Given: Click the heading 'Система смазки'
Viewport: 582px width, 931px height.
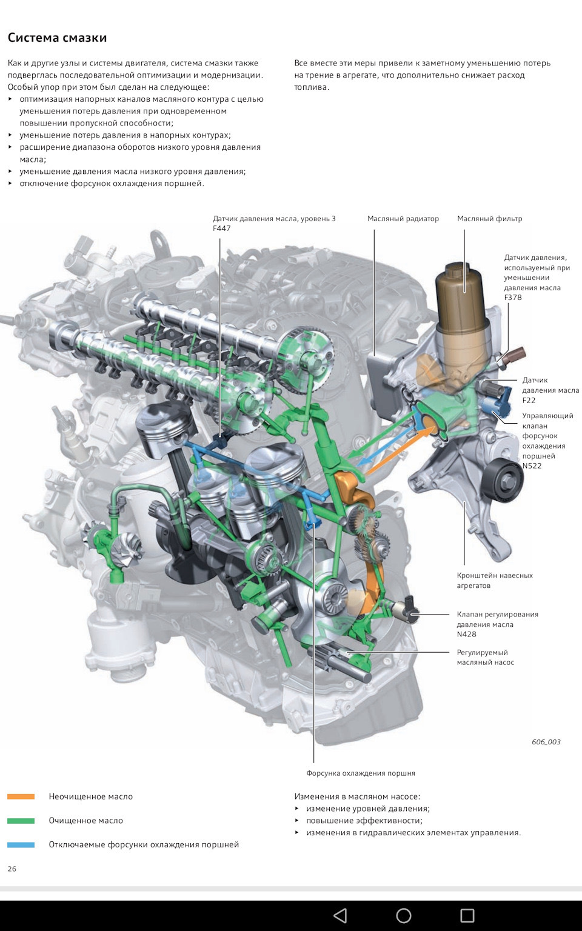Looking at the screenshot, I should (57, 38).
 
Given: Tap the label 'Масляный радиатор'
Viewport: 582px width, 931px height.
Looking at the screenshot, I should (403, 219).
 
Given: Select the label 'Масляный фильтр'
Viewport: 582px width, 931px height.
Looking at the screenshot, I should (489, 219).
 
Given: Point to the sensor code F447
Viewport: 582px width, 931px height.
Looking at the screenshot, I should (222, 229).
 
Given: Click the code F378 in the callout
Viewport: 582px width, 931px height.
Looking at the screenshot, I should (513, 298).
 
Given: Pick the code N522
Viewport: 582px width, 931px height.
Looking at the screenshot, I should (532, 466).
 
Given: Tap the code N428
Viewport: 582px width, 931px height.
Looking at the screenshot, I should (466, 635).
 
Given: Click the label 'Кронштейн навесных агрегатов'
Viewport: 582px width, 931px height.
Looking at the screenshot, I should (494, 581).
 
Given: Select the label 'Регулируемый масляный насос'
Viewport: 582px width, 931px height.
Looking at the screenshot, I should (485, 658).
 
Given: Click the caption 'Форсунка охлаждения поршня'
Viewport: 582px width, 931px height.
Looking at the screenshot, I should (360, 773).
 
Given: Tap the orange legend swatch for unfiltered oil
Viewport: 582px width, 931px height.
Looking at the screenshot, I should (21, 796).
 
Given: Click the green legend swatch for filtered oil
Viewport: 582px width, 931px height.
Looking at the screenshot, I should (21, 821).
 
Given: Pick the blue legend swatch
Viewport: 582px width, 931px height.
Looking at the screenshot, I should (21, 844).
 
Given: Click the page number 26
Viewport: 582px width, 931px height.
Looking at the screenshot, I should (12, 869).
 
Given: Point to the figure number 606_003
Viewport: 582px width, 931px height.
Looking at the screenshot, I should (546, 742).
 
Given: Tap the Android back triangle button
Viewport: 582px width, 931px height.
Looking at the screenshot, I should (340, 915).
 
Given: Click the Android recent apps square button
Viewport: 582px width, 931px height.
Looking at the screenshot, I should (467, 915).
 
